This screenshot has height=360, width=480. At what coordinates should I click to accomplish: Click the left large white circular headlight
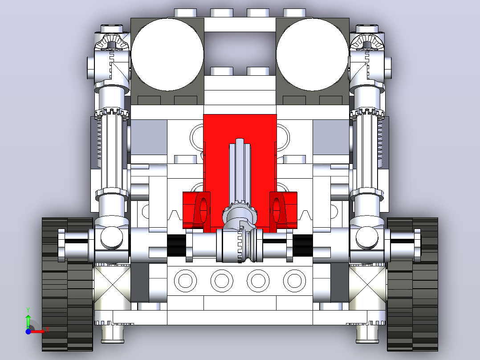click(x=167, y=54)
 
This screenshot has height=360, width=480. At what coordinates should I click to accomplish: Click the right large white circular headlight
click(x=313, y=54)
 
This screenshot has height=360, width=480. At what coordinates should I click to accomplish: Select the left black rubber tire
click(x=67, y=284)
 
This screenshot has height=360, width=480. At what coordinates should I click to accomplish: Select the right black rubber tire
click(x=412, y=284)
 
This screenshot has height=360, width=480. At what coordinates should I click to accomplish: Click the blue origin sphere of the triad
click(x=28, y=331)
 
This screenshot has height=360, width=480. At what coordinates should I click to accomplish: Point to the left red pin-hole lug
click(x=197, y=210)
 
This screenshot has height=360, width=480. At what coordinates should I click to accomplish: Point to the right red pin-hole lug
click(x=283, y=210)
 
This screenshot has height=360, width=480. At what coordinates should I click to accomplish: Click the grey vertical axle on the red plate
click(x=240, y=172)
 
